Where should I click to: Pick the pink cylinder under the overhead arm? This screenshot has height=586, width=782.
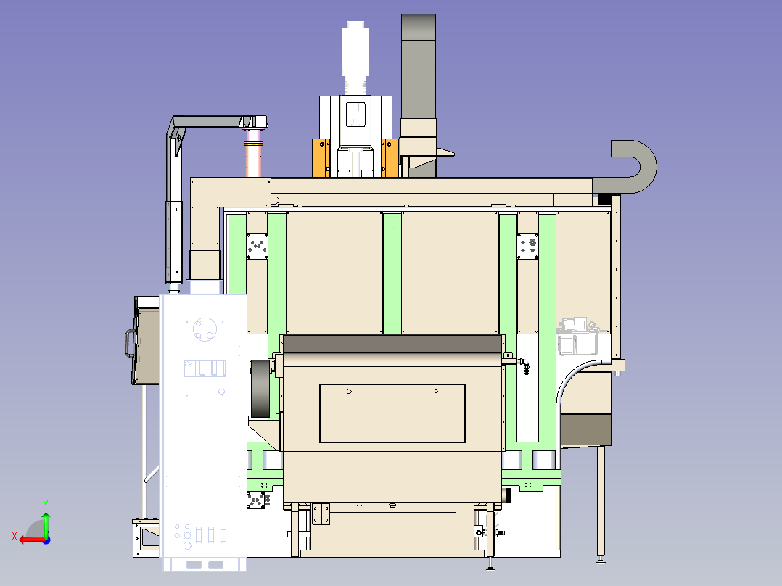pos(253,152)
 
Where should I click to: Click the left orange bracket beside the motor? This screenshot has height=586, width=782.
pos(321,157)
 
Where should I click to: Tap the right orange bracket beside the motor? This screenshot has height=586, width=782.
pos(390,157)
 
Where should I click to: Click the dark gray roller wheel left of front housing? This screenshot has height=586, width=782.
pos(260,389)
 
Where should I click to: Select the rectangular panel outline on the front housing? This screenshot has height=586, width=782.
pos(392,413)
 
